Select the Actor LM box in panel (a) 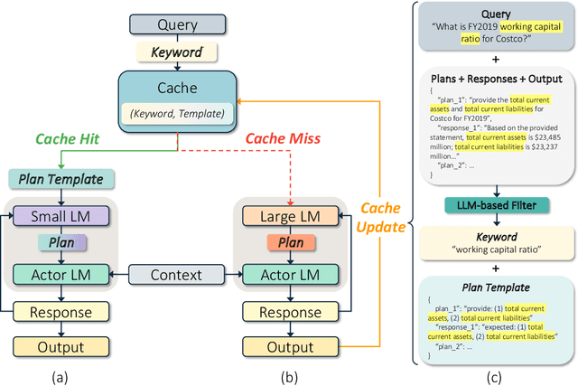pos(59,273)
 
